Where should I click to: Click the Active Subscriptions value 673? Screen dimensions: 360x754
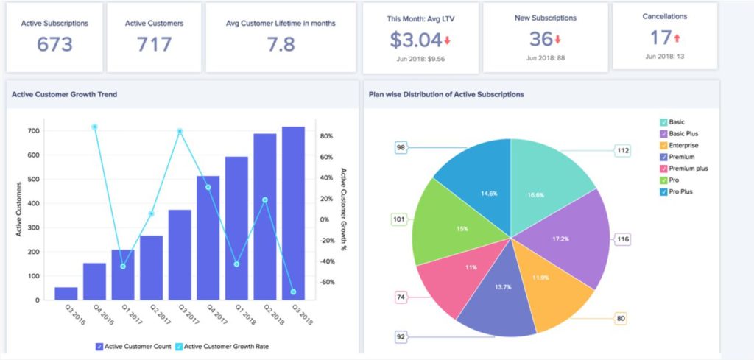click(54, 44)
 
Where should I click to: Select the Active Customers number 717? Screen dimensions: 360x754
click(154, 44)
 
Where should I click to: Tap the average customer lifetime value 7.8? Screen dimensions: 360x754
click(281, 44)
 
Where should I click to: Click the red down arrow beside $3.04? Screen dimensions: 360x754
click(448, 40)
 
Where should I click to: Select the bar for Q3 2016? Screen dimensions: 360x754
click(66, 293)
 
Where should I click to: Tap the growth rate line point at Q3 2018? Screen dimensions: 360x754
click(293, 292)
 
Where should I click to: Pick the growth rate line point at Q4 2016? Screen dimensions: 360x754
click(95, 127)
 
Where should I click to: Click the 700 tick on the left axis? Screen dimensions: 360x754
click(33, 131)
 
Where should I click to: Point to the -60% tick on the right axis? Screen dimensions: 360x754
click(327, 282)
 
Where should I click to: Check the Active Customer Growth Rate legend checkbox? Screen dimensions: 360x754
click(177, 347)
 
